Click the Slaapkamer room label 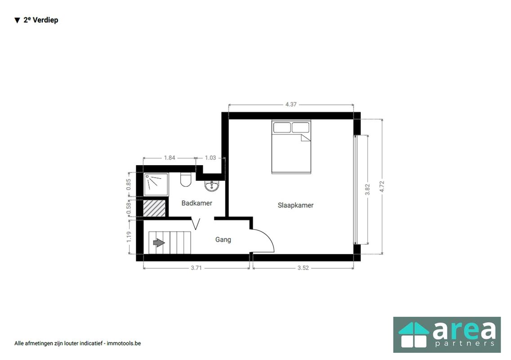pyautogui.click(x=295, y=206)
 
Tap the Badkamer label pyautogui.click(x=197, y=203)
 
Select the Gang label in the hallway pyautogui.click(x=223, y=240)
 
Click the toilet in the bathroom pyautogui.click(x=186, y=180)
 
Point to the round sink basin pyautogui.click(x=212, y=186)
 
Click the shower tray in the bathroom pyautogui.click(x=157, y=184)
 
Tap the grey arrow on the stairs pyautogui.click(x=159, y=243)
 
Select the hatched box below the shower pyautogui.click(x=154, y=208)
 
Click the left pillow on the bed pyautogui.click(x=282, y=127)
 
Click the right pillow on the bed pyautogui.click(x=300, y=127)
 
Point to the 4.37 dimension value pyautogui.click(x=291, y=104)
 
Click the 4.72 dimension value pyautogui.click(x=382, y=186)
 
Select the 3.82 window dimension pyautogui.click(x=367, y=189)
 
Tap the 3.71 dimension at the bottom pyautogui.click(x=196, y=268)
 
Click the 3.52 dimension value pyautogui.click(x=303, y=268)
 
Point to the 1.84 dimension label pyautogui.click(x=170, y=158)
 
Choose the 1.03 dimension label pyautogui.click(x=210, y=158)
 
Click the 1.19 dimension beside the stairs pyautogui.click(x=129, y=237)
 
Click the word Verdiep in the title pyautogui.click(x=45, y=20)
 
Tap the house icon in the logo pyautogui.click(x=413, y=335)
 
